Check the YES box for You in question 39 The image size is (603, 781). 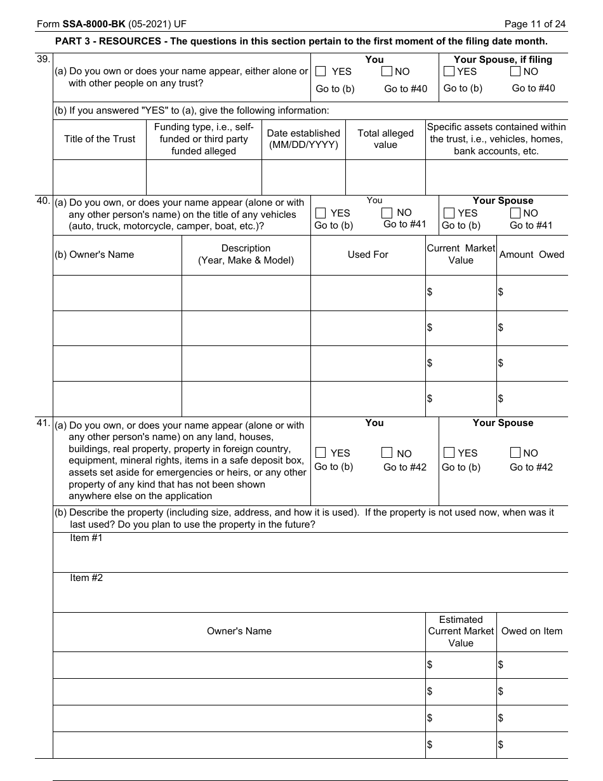click(x=321, y=72)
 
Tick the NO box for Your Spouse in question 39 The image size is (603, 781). click(x=516, y=72)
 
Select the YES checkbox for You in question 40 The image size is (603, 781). click(x=321, y=213)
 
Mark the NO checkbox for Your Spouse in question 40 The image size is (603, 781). click(x=515, y=213)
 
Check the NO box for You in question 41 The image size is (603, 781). click(x=387, y=453)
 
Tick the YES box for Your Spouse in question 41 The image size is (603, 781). click(x=449, y=453)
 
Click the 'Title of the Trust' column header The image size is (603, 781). click(x=100, y=139)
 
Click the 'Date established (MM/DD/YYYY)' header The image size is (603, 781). click(x=303, y=139)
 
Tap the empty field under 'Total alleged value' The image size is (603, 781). click(x=385, y=177)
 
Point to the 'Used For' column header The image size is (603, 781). click(x=368, y=255)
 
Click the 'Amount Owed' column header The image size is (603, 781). click(x=531, y=255)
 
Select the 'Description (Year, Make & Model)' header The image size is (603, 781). click(x=246, y=255)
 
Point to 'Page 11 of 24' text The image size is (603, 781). click(x=534, y=24)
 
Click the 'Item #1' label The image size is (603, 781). click(x=86, y=538)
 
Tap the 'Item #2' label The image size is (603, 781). click(x=86, y=578)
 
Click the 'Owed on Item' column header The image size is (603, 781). click(x=531, y=631)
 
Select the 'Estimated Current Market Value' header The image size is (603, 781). click(x=461, y=631)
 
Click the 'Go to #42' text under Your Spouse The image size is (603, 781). click(x=531, y=467)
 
